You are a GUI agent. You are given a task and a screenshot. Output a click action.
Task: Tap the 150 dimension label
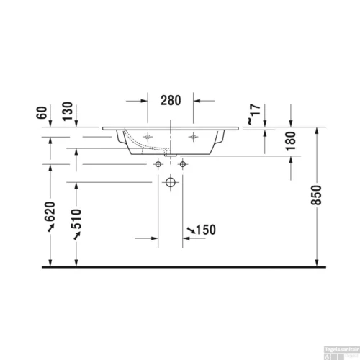(206, 230)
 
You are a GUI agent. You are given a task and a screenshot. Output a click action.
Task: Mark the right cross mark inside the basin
(192, 137)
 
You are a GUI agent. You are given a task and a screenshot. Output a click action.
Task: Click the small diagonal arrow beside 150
(190, 230)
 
